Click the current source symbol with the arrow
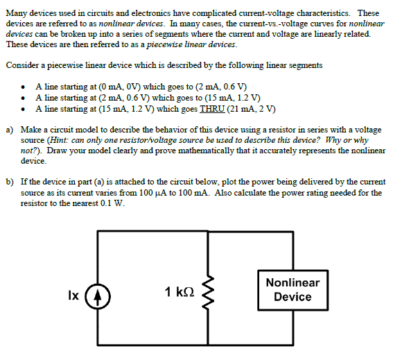tap(98, 296)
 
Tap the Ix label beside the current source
tap(73, 295)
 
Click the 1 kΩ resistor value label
tap(180, 292)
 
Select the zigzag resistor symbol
tap(208, 293)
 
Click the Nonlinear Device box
tap(292, 290)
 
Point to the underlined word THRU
tap(212, 109)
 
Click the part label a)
tap(10, 130)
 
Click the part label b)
tap(10, 182)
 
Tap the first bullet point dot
tap(24, 87)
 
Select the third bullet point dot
tap(24, 110)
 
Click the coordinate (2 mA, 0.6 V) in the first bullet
tap(221, 87)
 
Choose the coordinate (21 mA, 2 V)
tap(251, 109)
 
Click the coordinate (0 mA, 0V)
tap(119, 87)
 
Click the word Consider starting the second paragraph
tap(23, 65)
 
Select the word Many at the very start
tap(15, 13)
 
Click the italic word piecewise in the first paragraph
tap(164, 44)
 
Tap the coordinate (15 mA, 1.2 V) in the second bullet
tap(232, 98)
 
